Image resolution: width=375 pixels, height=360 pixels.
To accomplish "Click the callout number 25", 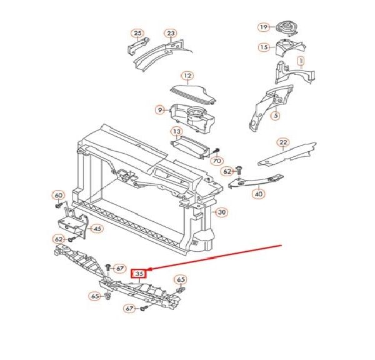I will coord(137,32).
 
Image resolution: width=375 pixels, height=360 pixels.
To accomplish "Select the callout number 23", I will coord(171,32).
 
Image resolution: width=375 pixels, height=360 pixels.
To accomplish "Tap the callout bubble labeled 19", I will coord(264,27).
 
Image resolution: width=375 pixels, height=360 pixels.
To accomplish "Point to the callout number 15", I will coord(264,47).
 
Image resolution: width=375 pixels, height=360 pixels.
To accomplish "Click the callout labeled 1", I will coord(301,61).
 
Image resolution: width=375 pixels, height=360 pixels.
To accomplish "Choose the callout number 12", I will coord(187,75).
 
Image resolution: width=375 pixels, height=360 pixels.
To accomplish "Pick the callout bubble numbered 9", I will coord(160,110).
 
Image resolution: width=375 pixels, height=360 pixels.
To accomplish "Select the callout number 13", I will coord(177,132).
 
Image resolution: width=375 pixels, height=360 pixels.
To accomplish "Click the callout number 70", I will coord(217,161).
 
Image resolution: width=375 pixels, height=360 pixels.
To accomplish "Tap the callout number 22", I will coord(283,142).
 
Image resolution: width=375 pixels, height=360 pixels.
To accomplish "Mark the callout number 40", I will coord(258,194).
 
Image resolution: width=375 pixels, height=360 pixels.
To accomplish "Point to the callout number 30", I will coord(221,212).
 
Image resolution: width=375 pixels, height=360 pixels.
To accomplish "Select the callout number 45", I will coord(97,229).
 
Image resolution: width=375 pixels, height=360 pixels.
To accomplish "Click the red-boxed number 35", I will coord(138,273).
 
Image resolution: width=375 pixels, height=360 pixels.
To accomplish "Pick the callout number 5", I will coord(275,115).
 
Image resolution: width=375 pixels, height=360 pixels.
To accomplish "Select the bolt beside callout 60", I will coord(59,206).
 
